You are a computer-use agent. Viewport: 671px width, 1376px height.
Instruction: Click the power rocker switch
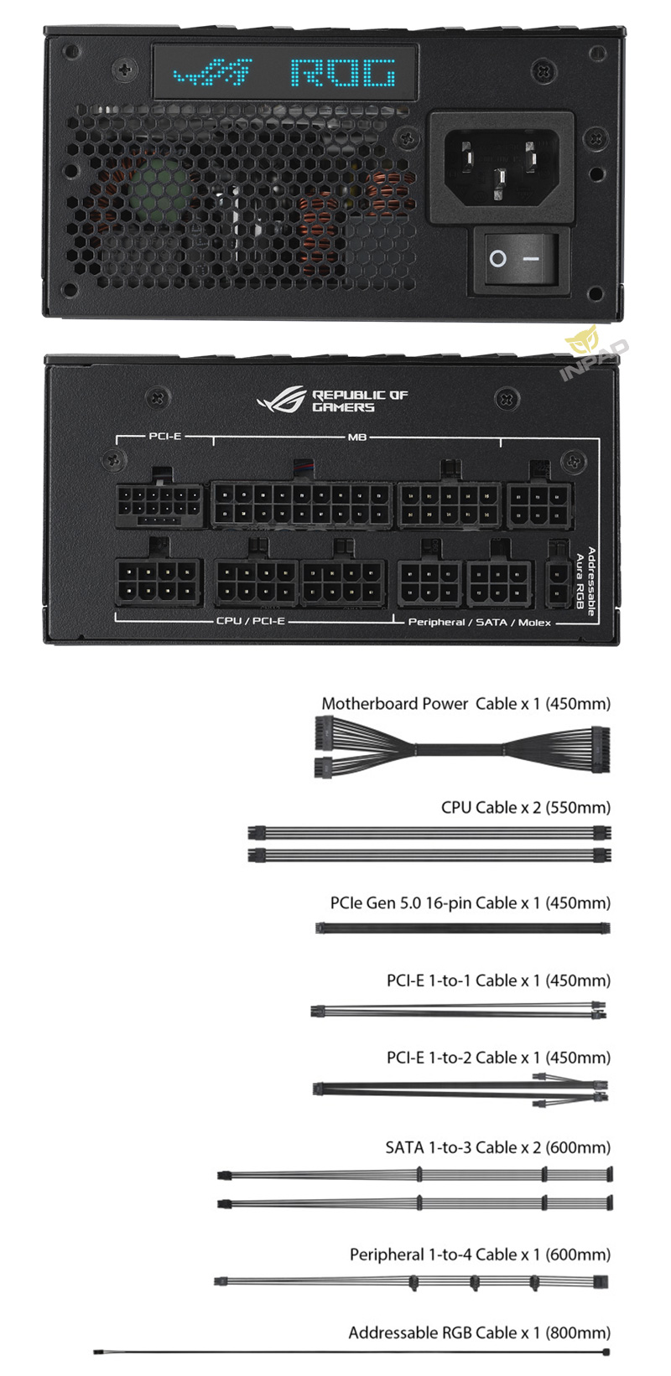click(x=523, y=259)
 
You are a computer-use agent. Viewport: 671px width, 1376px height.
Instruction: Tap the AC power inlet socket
click(x=502, y=167)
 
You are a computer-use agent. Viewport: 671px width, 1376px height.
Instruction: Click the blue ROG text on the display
click(x=343, y=73)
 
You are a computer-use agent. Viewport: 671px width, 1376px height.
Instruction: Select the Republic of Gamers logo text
click(x=360, y=401)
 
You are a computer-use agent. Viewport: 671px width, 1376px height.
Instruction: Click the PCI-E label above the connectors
click(x=165, y=436)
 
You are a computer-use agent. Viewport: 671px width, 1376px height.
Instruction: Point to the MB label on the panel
click(x=357, y=437)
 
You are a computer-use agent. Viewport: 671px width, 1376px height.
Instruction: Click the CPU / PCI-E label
click(x=251, y=621)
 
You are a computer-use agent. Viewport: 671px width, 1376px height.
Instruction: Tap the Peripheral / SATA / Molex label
click(x=480, y=623)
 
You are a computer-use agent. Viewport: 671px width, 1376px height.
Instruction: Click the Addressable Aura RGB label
click(x=585, y=581)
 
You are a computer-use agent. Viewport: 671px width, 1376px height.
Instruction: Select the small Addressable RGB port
click(x=559, y=582)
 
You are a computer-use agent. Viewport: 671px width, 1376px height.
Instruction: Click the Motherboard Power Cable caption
click(x=466, y=704)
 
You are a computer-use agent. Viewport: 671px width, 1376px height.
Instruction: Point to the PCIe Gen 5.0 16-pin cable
click(x=462, y=929)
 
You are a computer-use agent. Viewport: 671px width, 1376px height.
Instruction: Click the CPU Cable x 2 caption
click(x=526, y=808)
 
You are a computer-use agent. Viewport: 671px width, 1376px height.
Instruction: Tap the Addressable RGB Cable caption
click(x=480, y=1333)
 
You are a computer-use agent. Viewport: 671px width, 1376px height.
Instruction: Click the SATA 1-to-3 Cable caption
click(x=498, y=1147)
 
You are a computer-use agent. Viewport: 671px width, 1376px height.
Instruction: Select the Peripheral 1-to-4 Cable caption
click(x=481, y=1254)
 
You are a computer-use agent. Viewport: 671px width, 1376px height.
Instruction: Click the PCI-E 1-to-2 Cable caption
click(x=499, y=1058)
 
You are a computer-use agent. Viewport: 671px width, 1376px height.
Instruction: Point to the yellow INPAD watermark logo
click(x=594, y=353)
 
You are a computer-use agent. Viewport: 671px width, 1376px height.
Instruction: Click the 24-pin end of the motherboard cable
click(x=601, y=749)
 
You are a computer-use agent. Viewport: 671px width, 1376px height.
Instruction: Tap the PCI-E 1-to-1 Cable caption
click(x=499, y=980)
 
